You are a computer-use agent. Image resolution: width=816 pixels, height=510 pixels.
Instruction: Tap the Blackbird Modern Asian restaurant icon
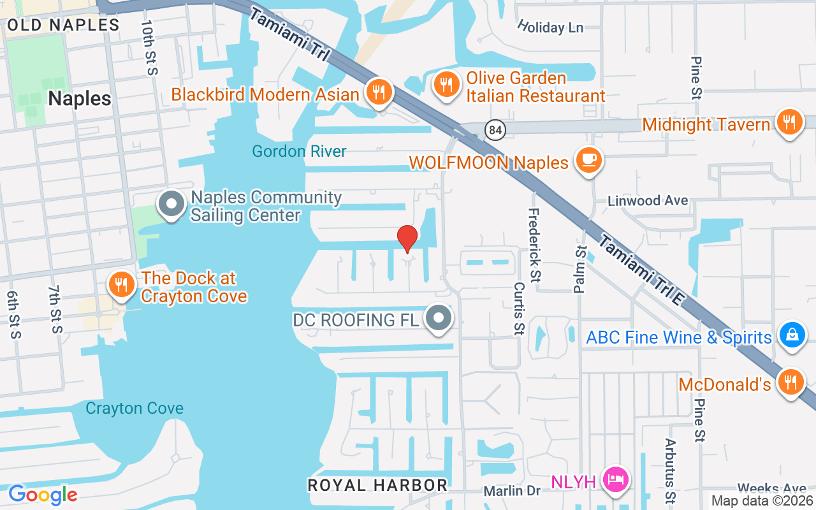point(379,92)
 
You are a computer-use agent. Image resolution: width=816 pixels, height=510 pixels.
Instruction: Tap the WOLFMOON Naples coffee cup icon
point(588,160)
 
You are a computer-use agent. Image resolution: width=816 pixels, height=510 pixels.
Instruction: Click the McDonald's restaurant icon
point(791,382)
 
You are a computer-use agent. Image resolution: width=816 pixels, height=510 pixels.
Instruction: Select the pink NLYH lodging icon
point(615,479)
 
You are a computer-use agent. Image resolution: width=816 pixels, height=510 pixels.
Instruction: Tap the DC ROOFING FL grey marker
point(438,317)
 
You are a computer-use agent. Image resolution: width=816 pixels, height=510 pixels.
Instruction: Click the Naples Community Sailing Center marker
point(171,205)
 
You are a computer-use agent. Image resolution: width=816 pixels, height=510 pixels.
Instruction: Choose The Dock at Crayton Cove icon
point(120,285)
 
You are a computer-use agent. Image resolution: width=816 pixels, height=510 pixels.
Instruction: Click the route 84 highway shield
point(495,130)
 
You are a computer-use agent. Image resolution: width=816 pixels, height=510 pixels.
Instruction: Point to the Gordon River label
point(300,151)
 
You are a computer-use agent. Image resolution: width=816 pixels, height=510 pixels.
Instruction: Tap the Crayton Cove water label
point(135,408)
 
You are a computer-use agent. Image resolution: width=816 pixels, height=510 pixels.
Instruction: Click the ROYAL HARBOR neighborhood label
point(377,485)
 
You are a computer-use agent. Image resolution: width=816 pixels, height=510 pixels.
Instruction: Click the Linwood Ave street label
point(648,200)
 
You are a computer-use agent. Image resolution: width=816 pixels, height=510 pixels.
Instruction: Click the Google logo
point(43,495)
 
